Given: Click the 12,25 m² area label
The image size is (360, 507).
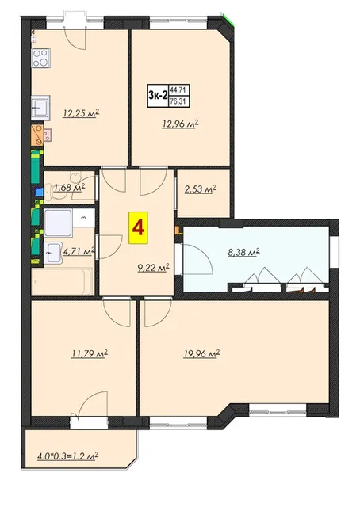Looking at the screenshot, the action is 81,113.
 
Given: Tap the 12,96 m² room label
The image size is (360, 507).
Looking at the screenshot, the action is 180,124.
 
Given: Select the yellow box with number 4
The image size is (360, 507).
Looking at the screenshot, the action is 138,227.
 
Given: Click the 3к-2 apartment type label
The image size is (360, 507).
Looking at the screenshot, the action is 158,95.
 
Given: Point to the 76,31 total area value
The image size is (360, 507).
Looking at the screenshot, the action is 178,102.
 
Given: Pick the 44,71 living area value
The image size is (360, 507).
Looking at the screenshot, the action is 178,90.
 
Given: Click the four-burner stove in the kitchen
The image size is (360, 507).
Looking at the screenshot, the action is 40,58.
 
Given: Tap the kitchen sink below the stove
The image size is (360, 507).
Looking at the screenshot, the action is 40,108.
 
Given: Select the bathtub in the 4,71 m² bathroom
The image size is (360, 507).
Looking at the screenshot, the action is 62,281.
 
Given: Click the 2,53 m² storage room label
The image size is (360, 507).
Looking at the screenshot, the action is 200,189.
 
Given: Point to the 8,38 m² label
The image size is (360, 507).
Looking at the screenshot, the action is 244,253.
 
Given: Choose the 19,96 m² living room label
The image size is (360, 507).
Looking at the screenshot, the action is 201,353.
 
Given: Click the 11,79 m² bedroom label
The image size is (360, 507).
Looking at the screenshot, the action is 90,353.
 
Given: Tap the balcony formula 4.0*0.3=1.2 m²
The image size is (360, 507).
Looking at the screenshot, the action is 68,456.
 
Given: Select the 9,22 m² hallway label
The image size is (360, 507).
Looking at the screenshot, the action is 154,268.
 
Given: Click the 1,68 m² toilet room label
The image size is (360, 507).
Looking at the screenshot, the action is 70,187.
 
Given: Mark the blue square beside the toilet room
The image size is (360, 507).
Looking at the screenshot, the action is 39,192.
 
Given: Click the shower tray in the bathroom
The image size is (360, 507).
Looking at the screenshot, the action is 58,223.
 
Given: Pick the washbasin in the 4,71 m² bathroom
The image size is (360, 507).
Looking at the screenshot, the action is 53,253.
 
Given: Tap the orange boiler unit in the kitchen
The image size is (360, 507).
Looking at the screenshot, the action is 37,135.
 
